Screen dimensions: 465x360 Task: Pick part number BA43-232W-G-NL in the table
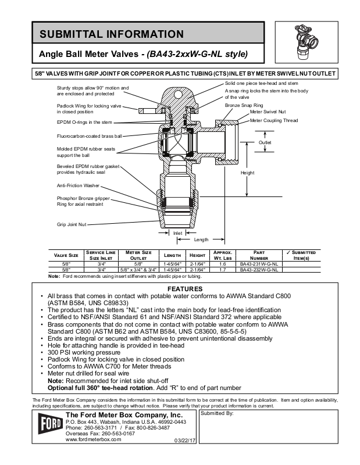pos(259,270)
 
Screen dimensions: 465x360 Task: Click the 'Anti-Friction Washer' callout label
pos(79,186)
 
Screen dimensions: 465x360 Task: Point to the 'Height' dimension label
pos(247,173)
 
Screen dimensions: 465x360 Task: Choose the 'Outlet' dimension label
pos(265,142)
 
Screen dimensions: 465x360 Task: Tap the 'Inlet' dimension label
pos(178,233)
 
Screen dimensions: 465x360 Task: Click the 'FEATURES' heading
pos(185,288)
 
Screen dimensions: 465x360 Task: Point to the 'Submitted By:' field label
pos(217,413)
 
